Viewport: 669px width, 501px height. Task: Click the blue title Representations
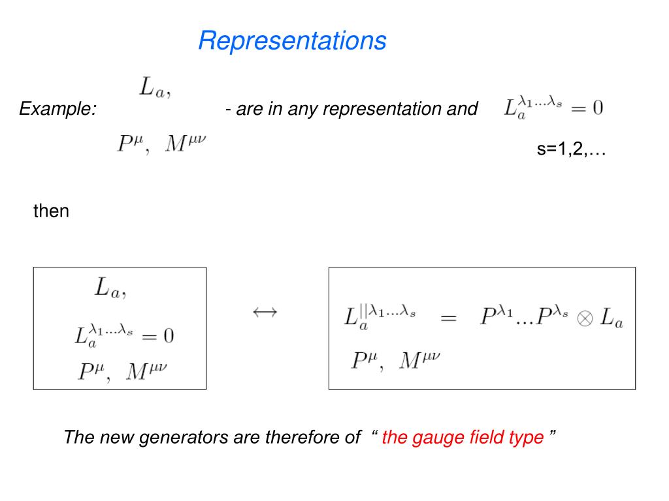coord(292,40)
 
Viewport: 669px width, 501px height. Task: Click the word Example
coord(57,108)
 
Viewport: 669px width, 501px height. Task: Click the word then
coord(51,211)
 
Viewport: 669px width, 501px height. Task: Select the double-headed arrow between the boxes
coord(265,312)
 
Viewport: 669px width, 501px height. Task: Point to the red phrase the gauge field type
coord(463,437)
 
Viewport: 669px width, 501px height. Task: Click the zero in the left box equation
coord(168,336)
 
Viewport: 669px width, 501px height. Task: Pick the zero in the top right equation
coord(597,108)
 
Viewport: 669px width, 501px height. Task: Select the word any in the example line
coord(302,108)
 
